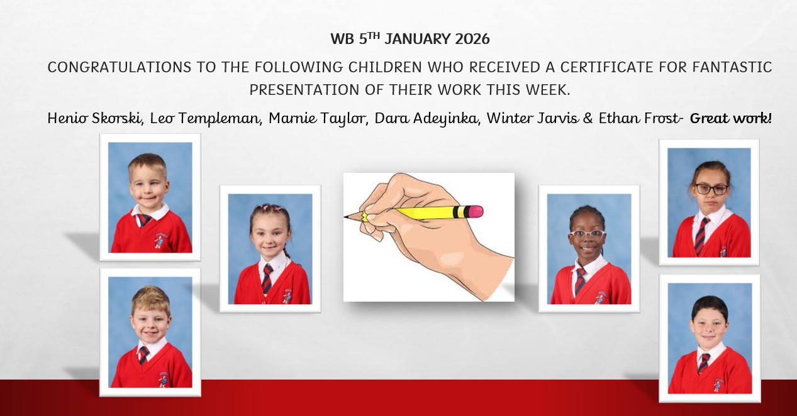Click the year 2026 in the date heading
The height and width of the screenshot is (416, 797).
[x=472, y=39]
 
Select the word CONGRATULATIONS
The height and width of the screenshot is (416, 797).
[x=119, y=67]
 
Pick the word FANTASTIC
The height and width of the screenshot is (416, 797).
[x=732, y=67]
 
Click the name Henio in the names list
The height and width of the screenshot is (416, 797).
[x=67, y=118]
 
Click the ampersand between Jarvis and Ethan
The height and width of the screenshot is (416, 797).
[x=588, y=118]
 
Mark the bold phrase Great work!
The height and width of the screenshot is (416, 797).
[x=731, y=118]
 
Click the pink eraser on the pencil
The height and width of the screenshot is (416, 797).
[x=474, y=212]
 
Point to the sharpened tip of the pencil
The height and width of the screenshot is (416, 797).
[x=345, y=216]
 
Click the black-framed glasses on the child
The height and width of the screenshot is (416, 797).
[x=711, y=189]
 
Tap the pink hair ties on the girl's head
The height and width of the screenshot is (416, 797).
[x=270, y=207]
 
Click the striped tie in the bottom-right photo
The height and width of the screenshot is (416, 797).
[x=704, y=363]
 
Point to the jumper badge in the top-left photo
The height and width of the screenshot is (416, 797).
[x=159, y=240]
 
